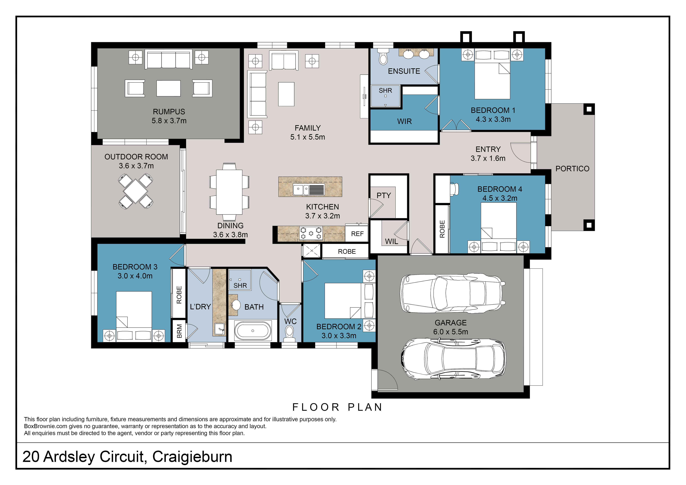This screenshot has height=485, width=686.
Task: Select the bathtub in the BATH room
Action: [x=253, y=331]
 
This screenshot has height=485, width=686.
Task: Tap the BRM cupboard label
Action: [x=179, y=331]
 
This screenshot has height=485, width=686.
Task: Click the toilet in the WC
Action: [x=289, y=332]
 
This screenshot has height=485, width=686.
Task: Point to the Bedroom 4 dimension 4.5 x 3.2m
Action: [x=500, y=198]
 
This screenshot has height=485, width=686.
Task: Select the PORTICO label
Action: [x=572, y=169]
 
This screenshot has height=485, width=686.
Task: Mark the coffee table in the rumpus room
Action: [x=169, y=88]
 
